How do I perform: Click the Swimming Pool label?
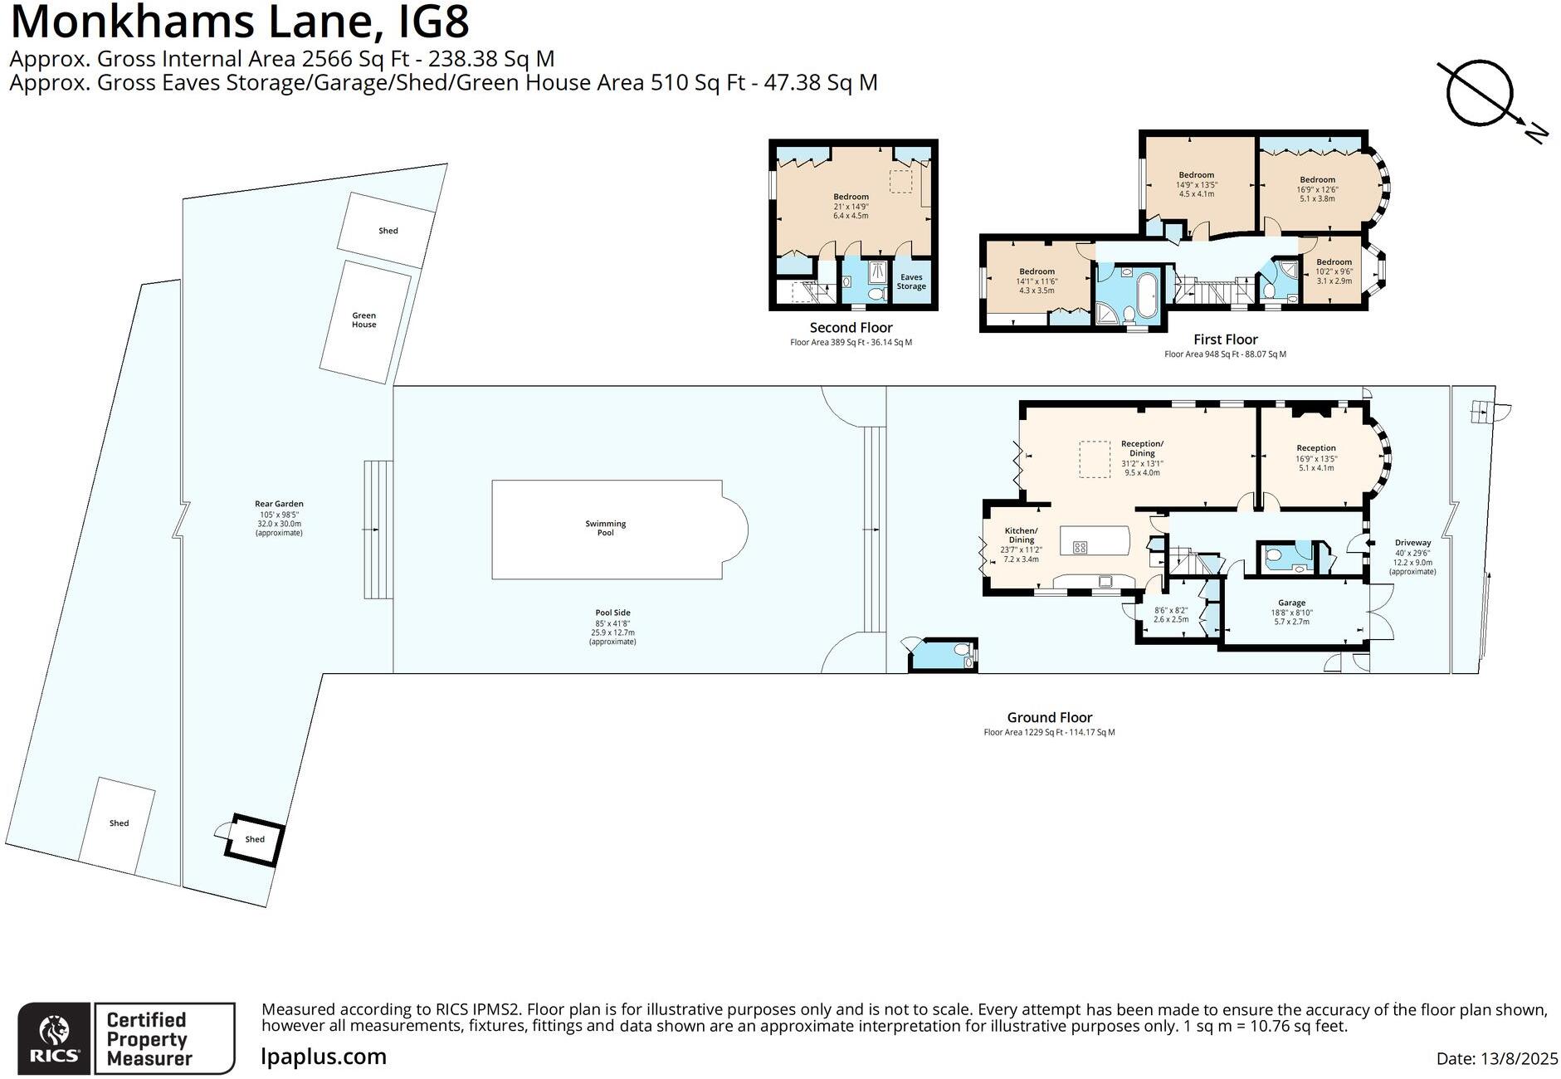pos(605,528)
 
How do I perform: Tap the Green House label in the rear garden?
pos(363,320)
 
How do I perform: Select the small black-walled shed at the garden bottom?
pos(255,839)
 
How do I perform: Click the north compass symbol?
pos(1480,94)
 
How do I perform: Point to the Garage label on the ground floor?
pos(1291,603)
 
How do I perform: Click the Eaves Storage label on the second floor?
pos(910,282)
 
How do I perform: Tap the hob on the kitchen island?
pos(1080,547)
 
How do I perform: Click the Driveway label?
pos(1412,543)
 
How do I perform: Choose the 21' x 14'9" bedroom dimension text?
pos(851,207)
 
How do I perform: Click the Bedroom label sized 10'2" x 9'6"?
pos(1334,262)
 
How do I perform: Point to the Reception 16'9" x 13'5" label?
pos(1316,448)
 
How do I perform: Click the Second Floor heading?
pos(851,328)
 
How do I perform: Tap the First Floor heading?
pos(1225,339)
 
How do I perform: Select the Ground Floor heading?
pos(1049,717)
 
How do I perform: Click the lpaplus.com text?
pos(324,1057)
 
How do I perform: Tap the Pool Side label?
pos(612,613)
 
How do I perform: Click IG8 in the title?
pos(434,22)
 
